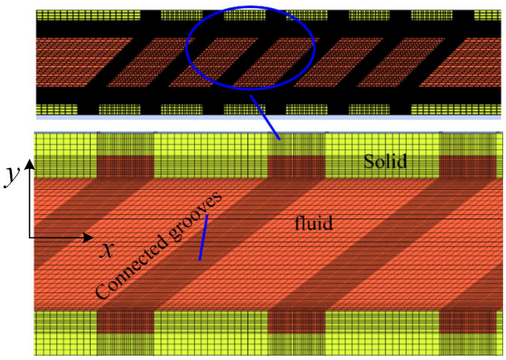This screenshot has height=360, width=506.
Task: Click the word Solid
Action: pyautogui.click(x=386, y=162)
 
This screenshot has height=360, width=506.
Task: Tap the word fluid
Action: pyautogui.click(x=314, y=222)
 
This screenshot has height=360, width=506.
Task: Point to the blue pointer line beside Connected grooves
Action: pyautogui.click(x=203, y=238)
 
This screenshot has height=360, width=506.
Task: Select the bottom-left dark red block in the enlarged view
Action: pyautogui.click(x=126, y=322)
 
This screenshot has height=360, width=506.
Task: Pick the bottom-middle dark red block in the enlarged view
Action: pyautogui.click(x=296, y=322)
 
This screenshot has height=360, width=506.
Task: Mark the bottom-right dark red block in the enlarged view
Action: pyautogui.click(x=467, y=322)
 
